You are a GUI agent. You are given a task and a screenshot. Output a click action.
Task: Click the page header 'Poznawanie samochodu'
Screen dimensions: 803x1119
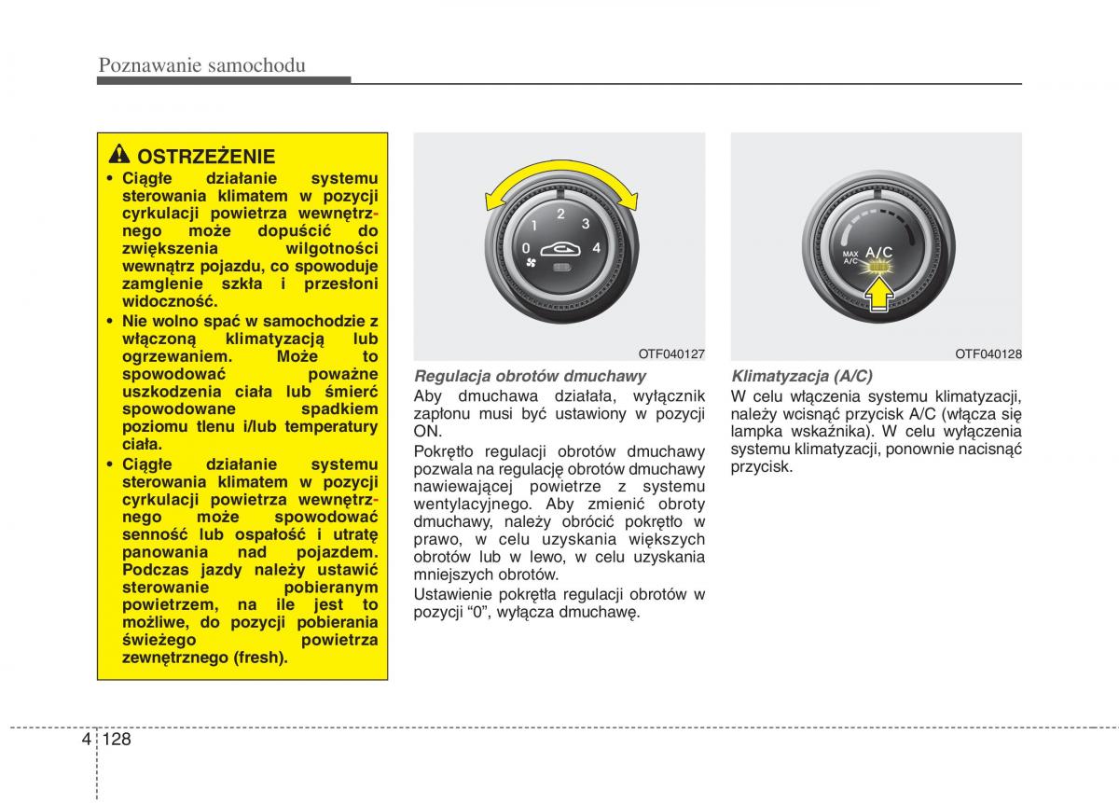pyautogui.click(x=201, y=64)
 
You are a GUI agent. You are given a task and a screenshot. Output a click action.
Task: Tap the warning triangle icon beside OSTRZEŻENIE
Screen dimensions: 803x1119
pyautogui.click(x=119, y=156)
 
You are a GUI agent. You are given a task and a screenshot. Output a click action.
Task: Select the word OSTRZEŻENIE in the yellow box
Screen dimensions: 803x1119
pyautogui.click(x=206, y=157)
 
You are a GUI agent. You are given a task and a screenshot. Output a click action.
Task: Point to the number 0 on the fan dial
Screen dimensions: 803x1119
pyautogui.click(x=526, y=248)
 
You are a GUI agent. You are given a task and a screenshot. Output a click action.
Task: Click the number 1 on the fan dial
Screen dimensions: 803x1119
pyautogui.click(x=533, y=226)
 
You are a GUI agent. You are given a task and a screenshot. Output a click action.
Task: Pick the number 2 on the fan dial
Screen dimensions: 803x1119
pyautogui.click(x=560, y=215)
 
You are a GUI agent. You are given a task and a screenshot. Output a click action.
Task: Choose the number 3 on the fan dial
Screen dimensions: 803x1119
pyautogui.click(x=586, y=224)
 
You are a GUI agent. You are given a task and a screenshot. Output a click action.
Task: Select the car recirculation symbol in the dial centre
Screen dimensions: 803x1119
pyautogui.click(x=560, y=248)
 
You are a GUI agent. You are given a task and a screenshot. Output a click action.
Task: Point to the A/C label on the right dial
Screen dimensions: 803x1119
pyautogui.click(x=879, y=251)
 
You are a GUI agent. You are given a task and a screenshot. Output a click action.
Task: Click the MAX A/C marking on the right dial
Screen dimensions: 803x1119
pyautogui.click(x=850, y=257)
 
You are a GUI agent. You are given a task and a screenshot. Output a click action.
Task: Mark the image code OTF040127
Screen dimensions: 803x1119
pyautogui.click(x=671, y=354)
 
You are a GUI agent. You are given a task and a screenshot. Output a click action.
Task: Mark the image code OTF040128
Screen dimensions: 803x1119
pyautogui.click(x=988, y=354)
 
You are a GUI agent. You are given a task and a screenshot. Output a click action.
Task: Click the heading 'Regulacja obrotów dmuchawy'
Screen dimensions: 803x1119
pyautogui.click(x=530, y=376)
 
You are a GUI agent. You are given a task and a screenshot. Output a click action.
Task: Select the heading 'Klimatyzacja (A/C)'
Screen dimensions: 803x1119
pyautogui.click(x=802, y=376)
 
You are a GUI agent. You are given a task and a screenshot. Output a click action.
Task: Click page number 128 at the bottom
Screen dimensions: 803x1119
pyautogui.click(x=117, y=739)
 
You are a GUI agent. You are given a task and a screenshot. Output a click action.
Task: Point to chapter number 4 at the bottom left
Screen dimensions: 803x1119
pyautogui.click(x=86, y=739)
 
